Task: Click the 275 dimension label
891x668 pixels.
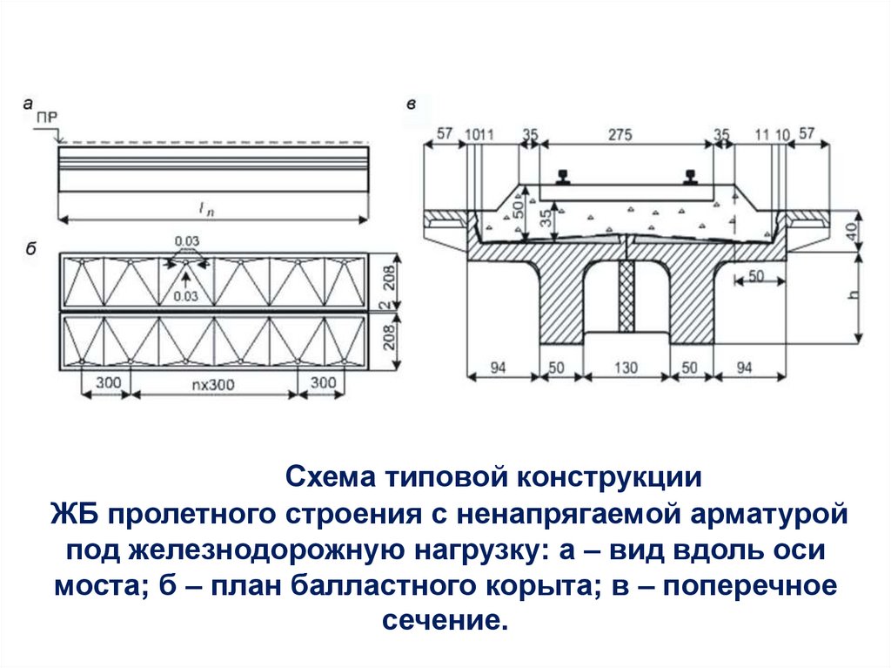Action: click(x=619, y=135)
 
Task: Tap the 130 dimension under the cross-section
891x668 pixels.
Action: click(x=626, y=368)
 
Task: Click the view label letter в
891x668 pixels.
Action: click(x=411, y=105)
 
